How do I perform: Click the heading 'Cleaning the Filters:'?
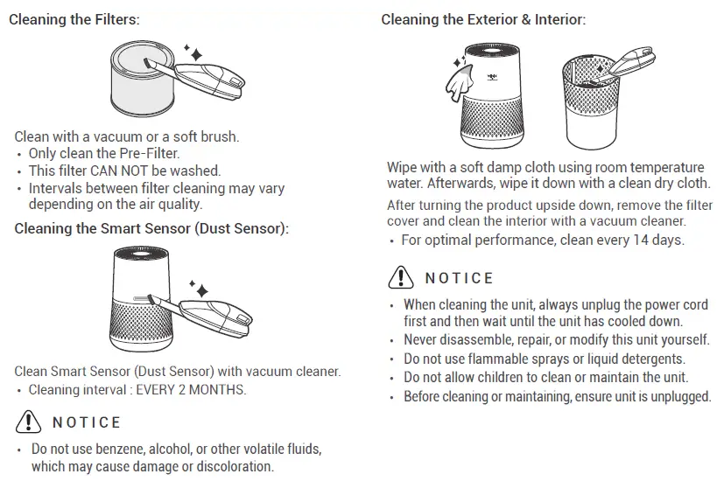pos(74,19)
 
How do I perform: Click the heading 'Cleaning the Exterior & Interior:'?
pos(483,19)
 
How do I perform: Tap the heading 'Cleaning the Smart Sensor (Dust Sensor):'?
pos(151,229)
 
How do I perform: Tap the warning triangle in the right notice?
pos(400,278)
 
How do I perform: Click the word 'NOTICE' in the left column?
pos(87,423)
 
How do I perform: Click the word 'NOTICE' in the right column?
pos(460,279)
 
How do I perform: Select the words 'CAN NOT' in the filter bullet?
pos(117,171)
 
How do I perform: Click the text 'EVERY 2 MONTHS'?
pos(191,390)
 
